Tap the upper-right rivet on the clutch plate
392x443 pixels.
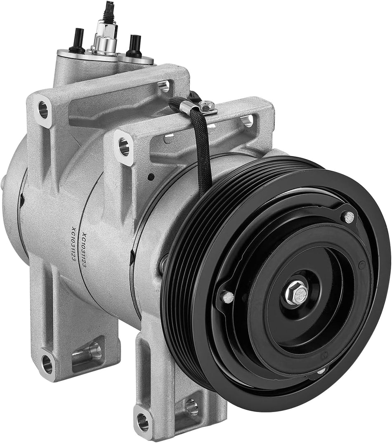(349, 216)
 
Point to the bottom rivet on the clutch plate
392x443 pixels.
(320, 372)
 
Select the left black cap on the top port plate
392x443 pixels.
(76, 40)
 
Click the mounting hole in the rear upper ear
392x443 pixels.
(43, 109)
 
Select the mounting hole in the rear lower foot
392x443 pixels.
(47, 363)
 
